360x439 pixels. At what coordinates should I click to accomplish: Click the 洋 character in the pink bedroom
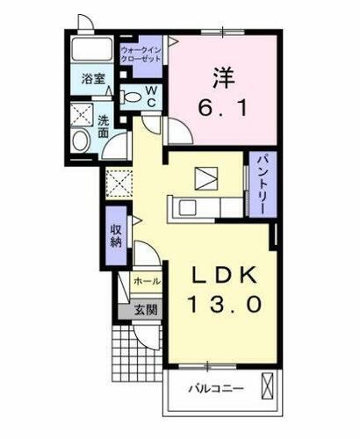[x=220, y=78]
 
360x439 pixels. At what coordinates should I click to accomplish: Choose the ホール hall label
[x=146, y=282]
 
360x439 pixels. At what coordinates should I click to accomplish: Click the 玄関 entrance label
[x=146, y=308]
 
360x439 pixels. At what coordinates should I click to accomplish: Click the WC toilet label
[x=151, y=95]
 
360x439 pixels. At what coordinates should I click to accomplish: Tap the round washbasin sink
[x=81, y=140]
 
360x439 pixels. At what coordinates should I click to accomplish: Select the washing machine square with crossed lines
[x=83, y=113]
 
